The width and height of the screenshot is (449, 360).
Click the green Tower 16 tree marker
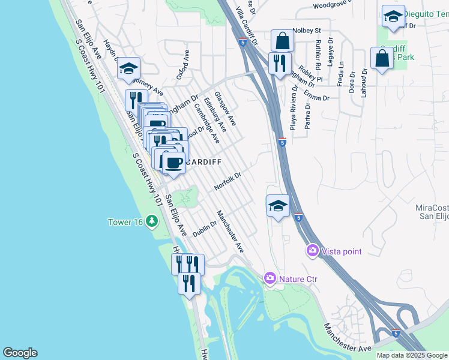click(x=152, y=222)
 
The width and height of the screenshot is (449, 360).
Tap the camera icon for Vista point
click(x=312, y=250)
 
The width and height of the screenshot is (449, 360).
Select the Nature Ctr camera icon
click(x=270, y=278)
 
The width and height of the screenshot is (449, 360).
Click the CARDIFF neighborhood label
click(x=203, y=162)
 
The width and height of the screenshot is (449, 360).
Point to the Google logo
click(x=20, y=353)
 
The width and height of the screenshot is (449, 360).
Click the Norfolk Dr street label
click(x=228, y=182)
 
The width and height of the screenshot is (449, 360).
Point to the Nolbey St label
click(x=307, y=30)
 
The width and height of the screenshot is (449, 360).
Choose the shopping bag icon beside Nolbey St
click(x=282, y=41)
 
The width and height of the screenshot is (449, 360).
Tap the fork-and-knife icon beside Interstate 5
click(x=279, y=63)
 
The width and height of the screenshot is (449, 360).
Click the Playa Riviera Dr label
click(x=294, y=109)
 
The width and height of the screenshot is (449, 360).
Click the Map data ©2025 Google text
click(x=411, y=355)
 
